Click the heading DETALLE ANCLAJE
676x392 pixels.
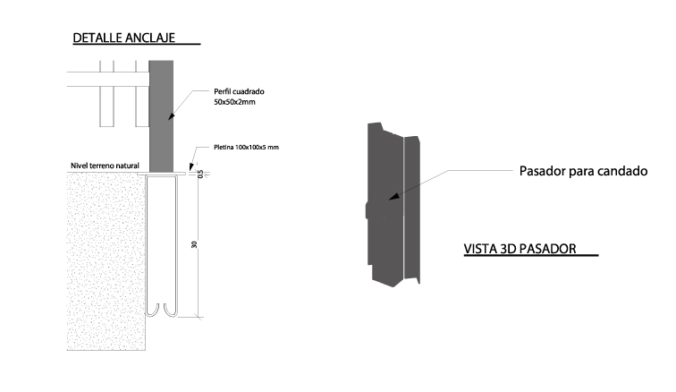coord(123,38)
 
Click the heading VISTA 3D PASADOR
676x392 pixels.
coord(520,249)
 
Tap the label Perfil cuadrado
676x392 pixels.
coord(239,91)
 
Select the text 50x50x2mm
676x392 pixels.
coord(234,102)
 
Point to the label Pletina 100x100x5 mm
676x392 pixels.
coord(246,147)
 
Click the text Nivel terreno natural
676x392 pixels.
coord(105,166)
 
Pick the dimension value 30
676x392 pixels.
coord(194,244)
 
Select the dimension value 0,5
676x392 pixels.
coord(200,174)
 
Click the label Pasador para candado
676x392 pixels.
coord(583,171)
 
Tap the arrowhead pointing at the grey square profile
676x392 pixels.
coord(171,116)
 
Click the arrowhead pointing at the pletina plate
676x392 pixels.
coord(191,166)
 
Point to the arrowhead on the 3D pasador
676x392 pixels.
coord(393,197)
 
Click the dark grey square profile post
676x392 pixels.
coord(161,116)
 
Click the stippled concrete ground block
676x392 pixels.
coord(106,261)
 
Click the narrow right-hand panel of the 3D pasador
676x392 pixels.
coord(411,209)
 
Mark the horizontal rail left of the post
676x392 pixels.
coord(108,79)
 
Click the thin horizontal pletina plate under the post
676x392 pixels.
coord(161,174)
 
